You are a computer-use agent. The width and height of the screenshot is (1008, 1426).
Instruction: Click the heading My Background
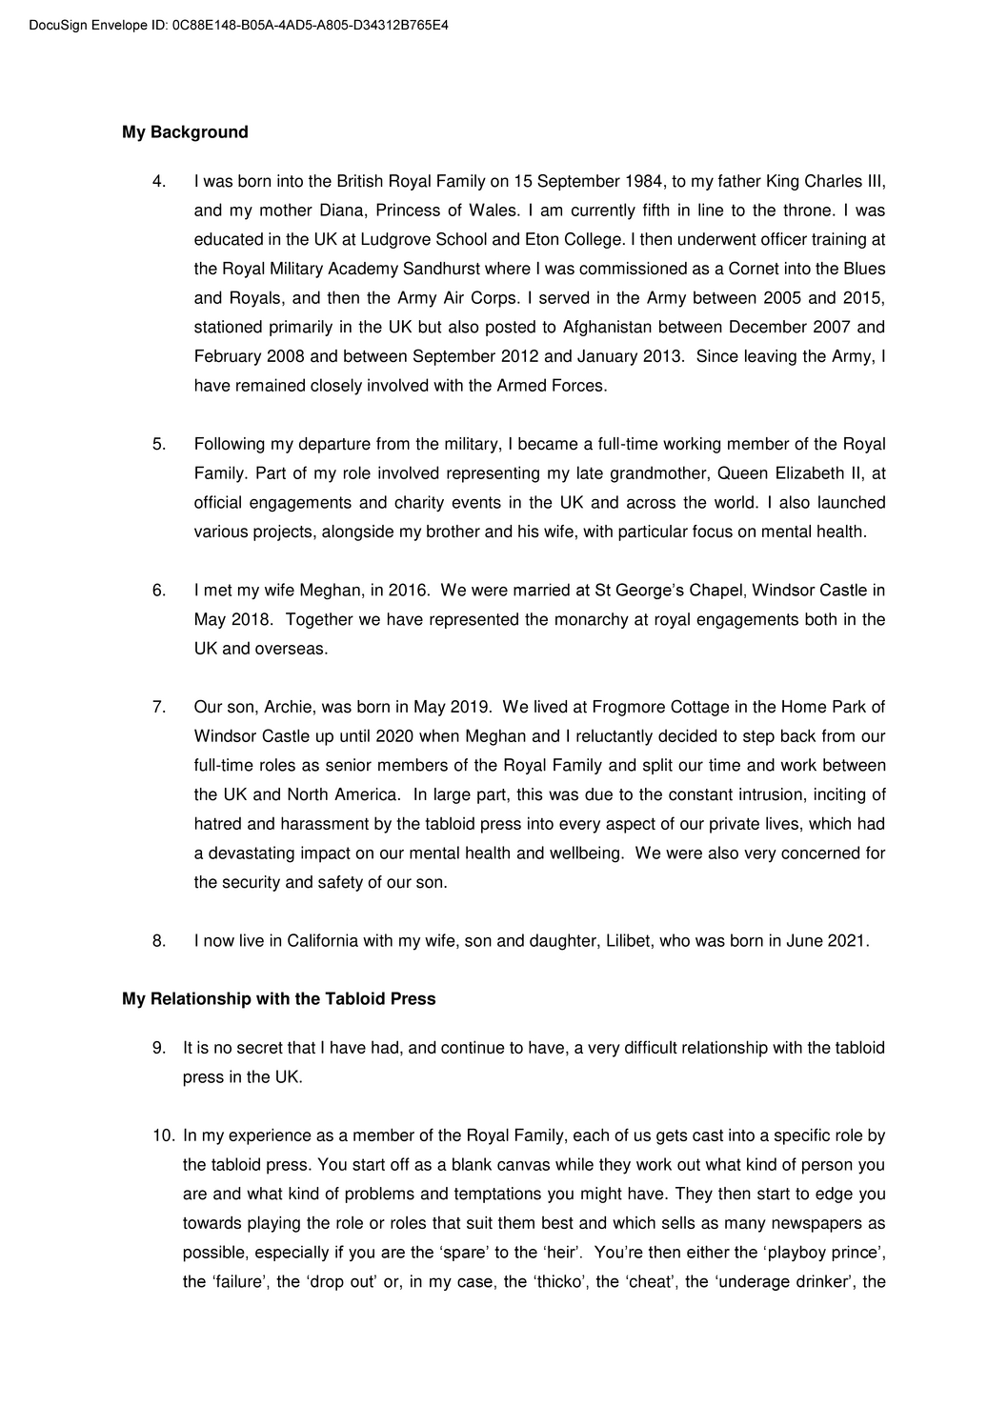pos(185,132)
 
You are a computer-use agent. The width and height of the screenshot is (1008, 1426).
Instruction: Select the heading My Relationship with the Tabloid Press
pos(278,999)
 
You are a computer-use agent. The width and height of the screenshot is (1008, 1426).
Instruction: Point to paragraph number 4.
pos(159,181)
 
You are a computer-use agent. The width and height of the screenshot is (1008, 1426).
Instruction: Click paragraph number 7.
pos(159,707)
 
